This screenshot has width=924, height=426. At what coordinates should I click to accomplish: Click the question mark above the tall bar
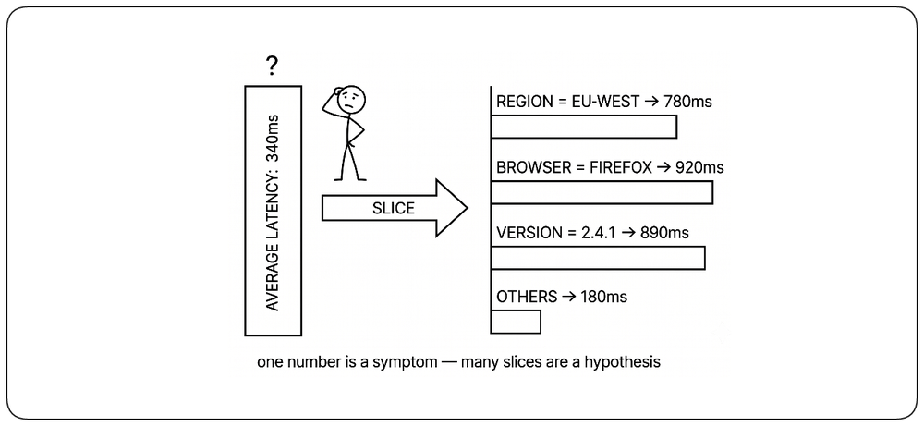[271, 67]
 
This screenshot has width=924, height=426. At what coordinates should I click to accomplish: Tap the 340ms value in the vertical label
[273, 138]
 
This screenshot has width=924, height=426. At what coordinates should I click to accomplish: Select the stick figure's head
[353, 98]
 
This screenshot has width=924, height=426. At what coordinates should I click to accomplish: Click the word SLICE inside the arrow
[394, 208]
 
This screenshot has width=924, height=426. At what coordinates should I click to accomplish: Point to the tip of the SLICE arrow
[468, 208]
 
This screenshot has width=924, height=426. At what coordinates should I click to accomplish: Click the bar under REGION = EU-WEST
[584, 126]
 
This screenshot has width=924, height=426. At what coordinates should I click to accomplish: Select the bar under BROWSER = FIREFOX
[602, 193]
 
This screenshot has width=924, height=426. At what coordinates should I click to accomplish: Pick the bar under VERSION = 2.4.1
[598, 258]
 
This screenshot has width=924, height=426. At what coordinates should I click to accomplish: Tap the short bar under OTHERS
[516, 322]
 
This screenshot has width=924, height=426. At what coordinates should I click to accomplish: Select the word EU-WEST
[605, 102]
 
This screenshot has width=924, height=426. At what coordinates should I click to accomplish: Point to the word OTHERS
[527, 297]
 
